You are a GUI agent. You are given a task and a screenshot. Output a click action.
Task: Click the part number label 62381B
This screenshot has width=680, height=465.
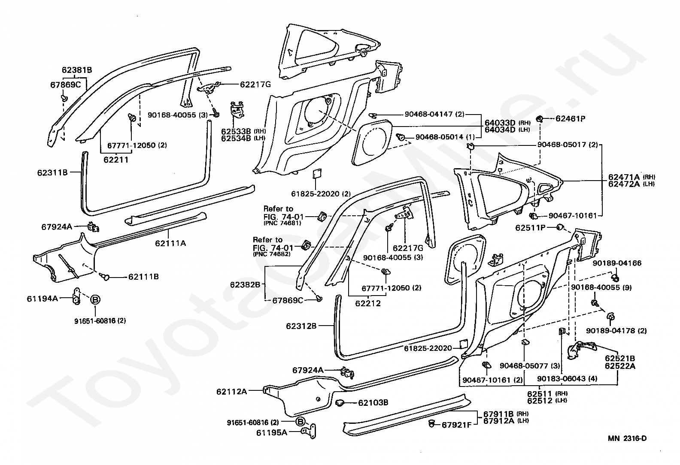coord(77,70)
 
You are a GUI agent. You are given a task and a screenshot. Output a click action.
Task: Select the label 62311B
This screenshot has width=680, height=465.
coord(52,172)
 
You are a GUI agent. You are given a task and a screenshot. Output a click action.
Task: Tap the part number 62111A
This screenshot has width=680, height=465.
coord(170,243)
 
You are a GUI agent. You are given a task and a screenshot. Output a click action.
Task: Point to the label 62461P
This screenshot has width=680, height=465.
coord(571,118)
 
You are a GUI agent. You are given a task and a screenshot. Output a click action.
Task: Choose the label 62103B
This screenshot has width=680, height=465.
coord(373,402)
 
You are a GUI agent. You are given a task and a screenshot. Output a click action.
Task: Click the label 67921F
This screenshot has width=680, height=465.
coord(457,425)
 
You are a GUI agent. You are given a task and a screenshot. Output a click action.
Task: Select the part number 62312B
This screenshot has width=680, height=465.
coord(301,326)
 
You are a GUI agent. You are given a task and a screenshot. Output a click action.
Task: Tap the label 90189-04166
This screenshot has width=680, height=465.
coord(617,263)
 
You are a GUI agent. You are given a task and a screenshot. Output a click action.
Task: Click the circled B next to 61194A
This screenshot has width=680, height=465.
coord(95,300)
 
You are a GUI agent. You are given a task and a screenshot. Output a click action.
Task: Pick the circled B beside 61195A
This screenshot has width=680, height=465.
coord(300,422)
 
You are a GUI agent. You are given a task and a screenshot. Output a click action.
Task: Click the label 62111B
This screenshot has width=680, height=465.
coord(143,277)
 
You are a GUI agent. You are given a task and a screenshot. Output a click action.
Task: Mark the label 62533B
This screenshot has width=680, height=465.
coord(236,131)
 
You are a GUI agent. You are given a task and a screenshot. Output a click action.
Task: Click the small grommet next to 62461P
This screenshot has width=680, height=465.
coord(540,118)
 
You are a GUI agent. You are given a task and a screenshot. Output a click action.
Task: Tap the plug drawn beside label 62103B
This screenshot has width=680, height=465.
coord(340,403)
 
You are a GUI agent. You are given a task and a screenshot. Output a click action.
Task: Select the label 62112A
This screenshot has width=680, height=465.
coord(232,392)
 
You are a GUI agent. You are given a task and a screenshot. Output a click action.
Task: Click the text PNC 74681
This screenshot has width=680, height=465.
coord(282,223)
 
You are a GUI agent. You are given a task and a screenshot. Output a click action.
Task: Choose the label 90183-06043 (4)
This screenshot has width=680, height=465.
coord(567,378)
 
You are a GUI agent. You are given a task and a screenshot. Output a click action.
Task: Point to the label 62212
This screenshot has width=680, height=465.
coord(367,303)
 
